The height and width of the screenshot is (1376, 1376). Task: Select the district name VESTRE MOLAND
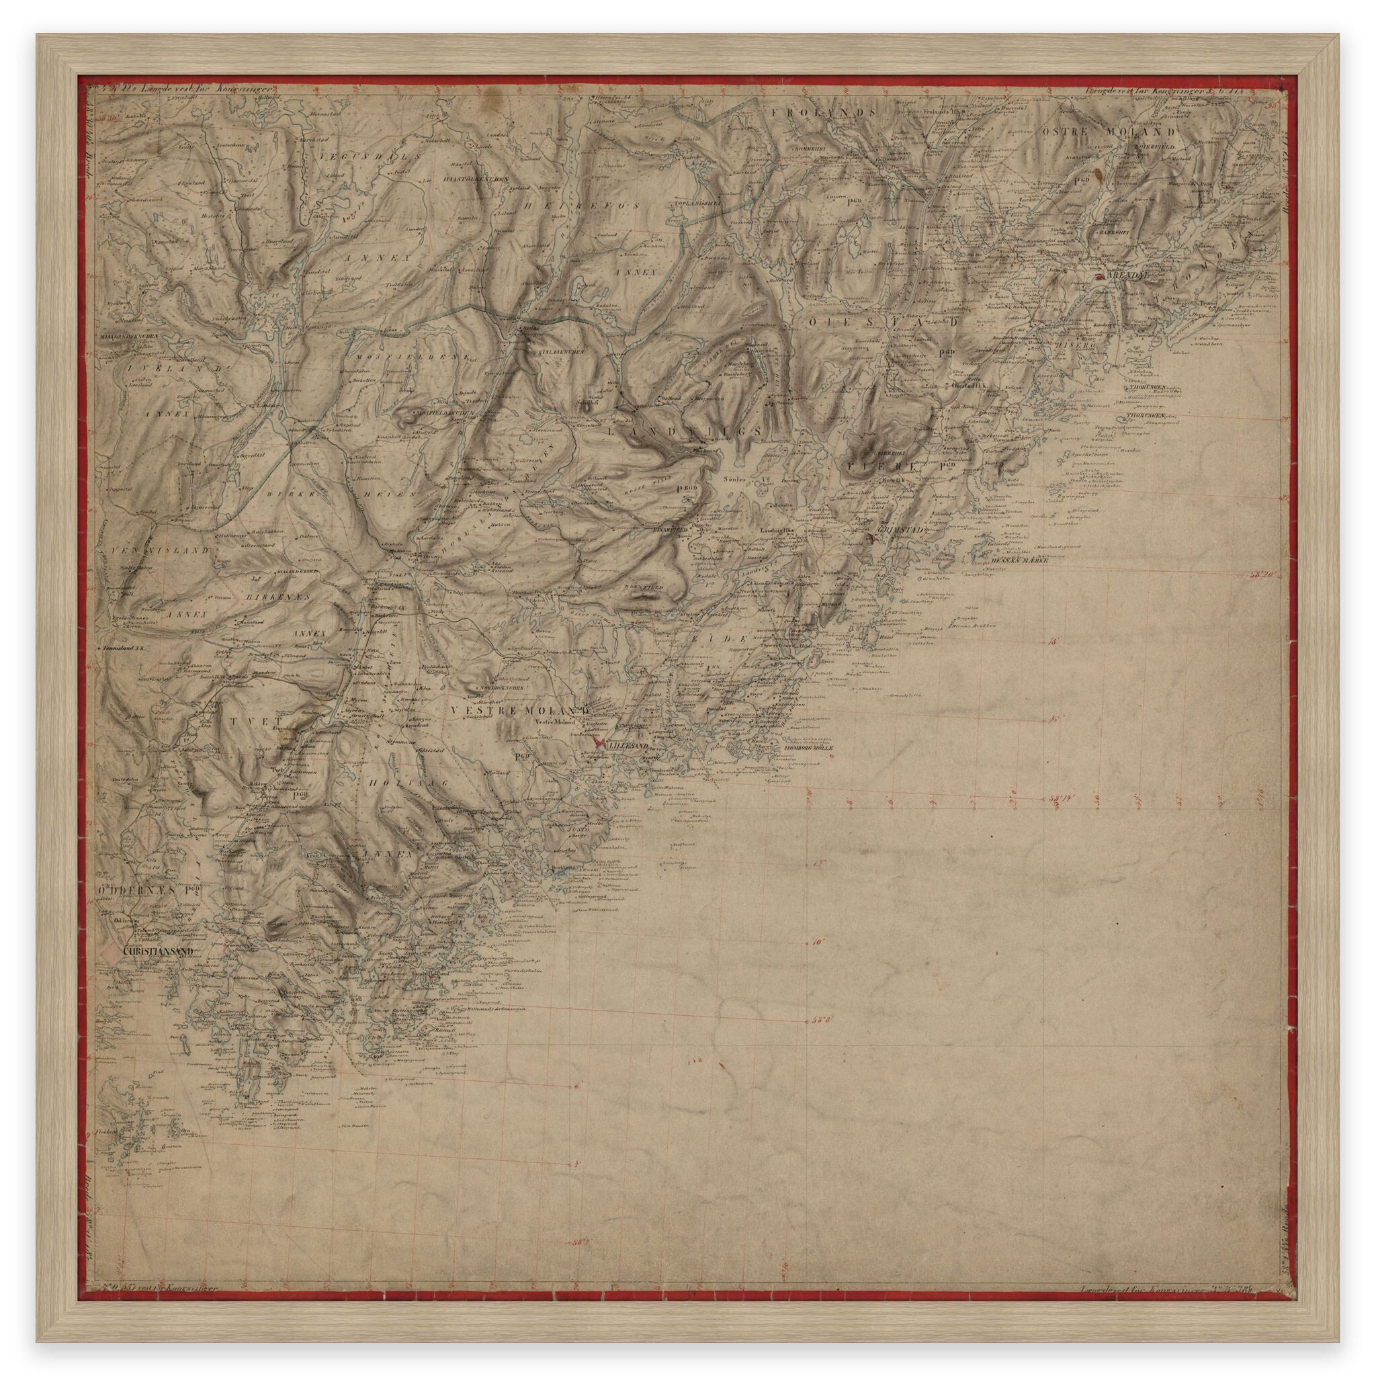[521, 712]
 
